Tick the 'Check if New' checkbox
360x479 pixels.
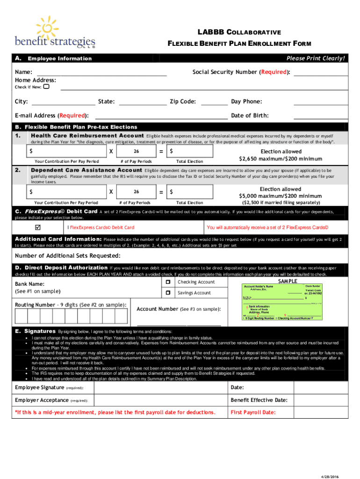[46, 87]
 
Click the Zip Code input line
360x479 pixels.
[214, 102]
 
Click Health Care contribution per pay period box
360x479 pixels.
[66, 151]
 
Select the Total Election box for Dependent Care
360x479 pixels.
[190, 192]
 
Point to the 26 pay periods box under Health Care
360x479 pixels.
[136, 151]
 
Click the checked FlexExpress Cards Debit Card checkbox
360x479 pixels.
[38, 227]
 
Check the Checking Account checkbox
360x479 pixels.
[167, 282]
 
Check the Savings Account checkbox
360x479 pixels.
[167, 293]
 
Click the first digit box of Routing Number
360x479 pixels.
[21, 317]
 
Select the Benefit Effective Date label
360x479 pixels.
[259, 400]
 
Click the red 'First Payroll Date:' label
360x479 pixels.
[253, 412]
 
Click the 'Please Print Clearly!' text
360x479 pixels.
[316, 58]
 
